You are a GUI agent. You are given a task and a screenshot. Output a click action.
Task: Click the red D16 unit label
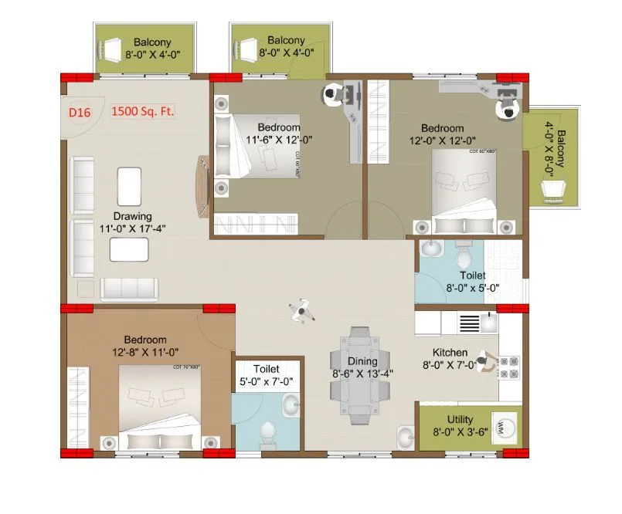(80, 113)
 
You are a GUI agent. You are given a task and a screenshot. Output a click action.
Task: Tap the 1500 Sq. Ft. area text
(144, 112)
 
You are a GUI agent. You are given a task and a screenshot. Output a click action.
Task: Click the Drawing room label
(133, 216)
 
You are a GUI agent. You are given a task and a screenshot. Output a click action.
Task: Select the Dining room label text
(362, 361)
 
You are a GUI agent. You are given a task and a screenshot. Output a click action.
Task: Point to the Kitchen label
(450, 353)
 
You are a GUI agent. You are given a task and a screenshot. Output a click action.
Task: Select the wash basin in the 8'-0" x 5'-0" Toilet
(430, 250)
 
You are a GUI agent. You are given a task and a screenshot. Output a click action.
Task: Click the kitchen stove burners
(509, 367)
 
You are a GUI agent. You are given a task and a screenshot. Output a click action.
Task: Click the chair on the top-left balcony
(113, 49)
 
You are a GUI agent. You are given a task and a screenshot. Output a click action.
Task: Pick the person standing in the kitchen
(482, 360)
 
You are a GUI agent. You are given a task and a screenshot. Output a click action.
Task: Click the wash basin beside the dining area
(405, 438)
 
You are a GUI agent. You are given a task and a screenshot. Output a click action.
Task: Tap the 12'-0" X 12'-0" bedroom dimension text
(442, 140)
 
